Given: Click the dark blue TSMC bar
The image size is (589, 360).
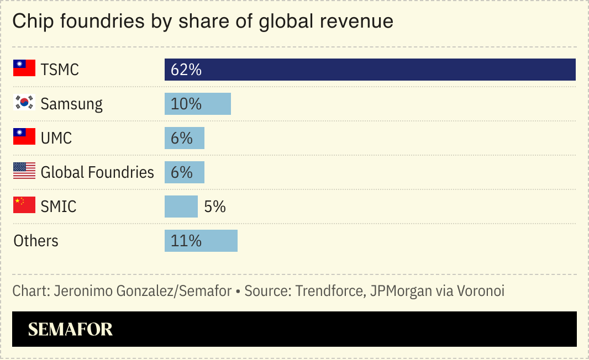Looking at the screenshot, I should [x=370, y=70].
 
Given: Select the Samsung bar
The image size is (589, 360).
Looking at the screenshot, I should [x=197, y=104].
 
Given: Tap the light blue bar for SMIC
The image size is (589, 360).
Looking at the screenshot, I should [x=181, y=207].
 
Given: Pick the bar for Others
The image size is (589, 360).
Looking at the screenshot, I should [x=201, y=241].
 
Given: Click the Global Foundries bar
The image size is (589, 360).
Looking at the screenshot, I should [x=184, y=172].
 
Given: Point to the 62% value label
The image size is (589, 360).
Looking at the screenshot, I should [x=186, y=70].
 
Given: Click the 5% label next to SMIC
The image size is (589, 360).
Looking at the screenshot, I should [x=215, y=207].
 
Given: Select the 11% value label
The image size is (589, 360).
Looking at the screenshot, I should [x=186, y=241].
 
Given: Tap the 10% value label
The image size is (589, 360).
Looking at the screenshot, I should [x=186, y=104].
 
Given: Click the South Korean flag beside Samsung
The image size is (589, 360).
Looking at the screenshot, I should [x=24, y=103].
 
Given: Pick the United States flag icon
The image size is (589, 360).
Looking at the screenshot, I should [x=24, y=171].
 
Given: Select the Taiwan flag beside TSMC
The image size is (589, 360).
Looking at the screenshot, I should [x=24, y=68].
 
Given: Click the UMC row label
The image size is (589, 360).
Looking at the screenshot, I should [x=56, y=138].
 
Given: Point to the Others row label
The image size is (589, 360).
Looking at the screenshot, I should [x=36, y=241].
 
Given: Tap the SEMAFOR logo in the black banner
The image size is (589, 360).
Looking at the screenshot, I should [x=70, y=330].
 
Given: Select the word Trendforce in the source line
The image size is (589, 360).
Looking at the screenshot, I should [x=328, y=291].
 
